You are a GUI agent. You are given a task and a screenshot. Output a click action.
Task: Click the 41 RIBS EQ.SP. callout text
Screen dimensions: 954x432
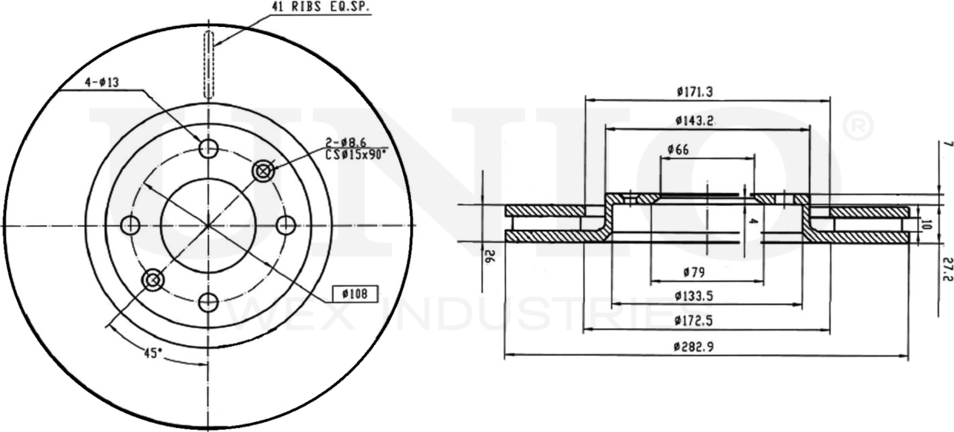click(320, 8)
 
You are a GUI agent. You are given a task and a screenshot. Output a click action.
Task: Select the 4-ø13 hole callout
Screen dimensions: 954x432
click(102, 82)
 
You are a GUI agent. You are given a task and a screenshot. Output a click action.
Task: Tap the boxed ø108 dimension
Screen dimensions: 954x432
click(355, 294)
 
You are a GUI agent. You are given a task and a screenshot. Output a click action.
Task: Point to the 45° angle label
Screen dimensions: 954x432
click(152, 353)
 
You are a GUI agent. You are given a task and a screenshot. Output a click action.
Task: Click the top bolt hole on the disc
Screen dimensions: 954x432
click(208, 148)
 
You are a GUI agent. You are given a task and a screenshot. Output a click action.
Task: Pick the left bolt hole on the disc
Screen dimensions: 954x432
click(130, 225)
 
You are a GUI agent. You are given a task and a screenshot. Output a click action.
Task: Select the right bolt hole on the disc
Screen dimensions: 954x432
click(285, 225)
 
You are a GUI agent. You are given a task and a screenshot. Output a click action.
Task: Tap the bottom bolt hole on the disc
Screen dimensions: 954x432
click(208, 302)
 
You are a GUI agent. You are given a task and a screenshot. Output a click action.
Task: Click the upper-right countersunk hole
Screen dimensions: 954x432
click(264, 171)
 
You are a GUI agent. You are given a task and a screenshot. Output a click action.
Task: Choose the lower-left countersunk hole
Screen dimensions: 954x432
click(153, 280)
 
